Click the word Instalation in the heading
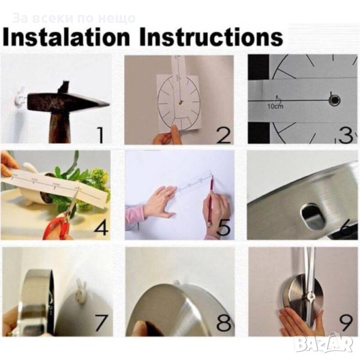click(67, 37)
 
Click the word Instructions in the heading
click(211, 37)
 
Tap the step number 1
click(100, 135)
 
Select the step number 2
click(223, 135)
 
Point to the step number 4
click(101, 227)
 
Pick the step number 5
click(224, 227)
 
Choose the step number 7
click(101, 322)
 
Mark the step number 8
click(224, 322)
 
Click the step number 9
click(346, 323)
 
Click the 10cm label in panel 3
click(275, 106)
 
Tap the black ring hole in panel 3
click(334, 101)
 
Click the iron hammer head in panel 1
click(67, 101)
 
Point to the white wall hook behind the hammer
click(20, 97)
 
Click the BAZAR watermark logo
click(324, 344)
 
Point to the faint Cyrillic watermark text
click(74, 19)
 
